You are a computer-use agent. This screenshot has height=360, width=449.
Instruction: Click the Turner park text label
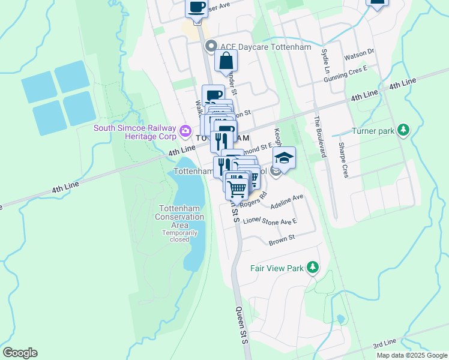coord(372,131)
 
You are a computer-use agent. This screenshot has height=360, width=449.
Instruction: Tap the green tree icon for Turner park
coord(405,130)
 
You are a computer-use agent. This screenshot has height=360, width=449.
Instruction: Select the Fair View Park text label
coord(277,268)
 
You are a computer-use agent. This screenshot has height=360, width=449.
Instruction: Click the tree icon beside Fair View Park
coord(312,267)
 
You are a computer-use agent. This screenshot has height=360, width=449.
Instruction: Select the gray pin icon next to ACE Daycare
coord(211,46)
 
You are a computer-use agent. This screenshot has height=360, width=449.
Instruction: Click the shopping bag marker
coord(226,61)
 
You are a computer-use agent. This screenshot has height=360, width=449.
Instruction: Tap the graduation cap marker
coord(284,158)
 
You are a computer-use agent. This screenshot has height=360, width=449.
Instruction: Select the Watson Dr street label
coord(359,55)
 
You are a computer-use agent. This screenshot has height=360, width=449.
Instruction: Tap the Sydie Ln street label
coord(324,61)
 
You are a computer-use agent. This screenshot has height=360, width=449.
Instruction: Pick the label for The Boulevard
coord(318,137)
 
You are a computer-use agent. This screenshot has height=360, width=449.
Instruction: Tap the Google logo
coord(20,353)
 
